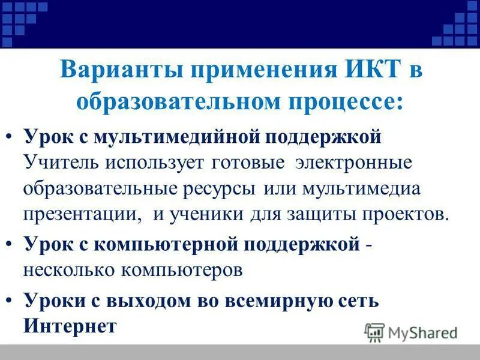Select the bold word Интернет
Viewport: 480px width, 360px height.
point(70,326)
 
